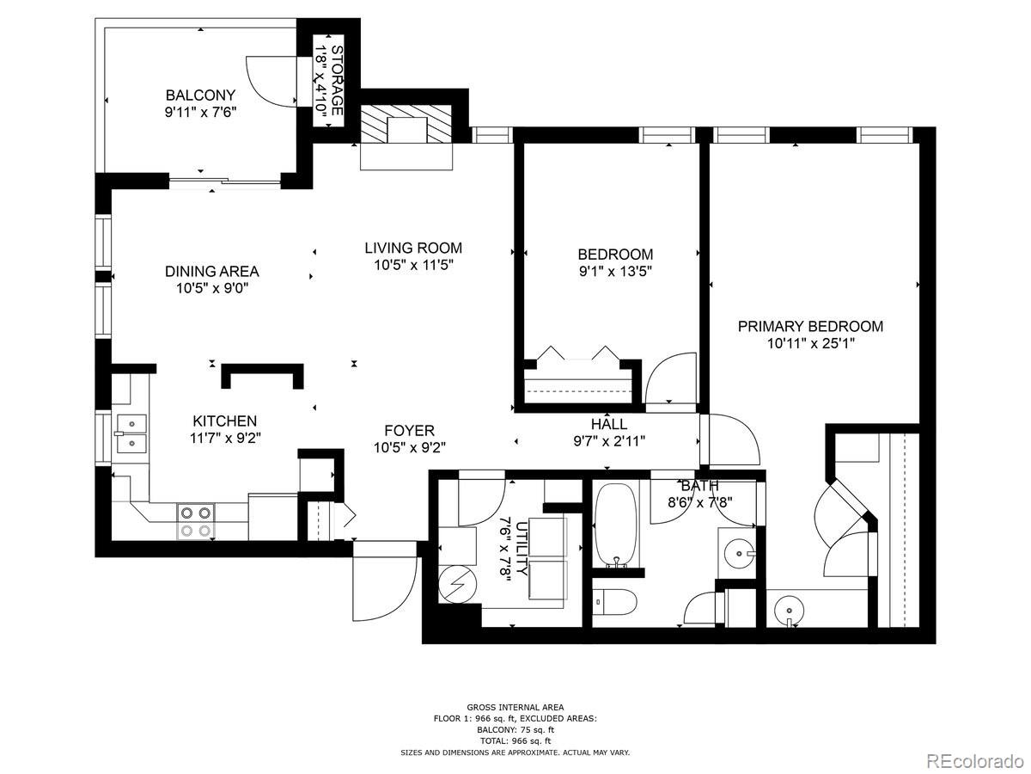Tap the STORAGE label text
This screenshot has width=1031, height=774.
(x=337, y=81)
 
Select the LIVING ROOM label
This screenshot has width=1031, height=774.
(x=413, y=248)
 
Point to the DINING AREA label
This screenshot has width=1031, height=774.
(x=211, y=271)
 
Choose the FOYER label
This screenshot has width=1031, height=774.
(x=409, y=430)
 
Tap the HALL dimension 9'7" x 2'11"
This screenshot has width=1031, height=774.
(x=609, y=440)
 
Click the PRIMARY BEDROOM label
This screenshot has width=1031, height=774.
(x=810, y=326)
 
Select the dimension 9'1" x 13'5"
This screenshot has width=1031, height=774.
(x=615, y=272)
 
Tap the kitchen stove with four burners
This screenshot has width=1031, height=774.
(x=195, y=521)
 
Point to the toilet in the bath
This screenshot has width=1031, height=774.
(x=613, y=601)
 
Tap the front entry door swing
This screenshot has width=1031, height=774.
(x=381, y=582)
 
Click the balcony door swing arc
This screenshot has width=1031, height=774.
(x=266, y=82)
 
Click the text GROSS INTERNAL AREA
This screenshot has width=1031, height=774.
(x=515, y=707)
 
